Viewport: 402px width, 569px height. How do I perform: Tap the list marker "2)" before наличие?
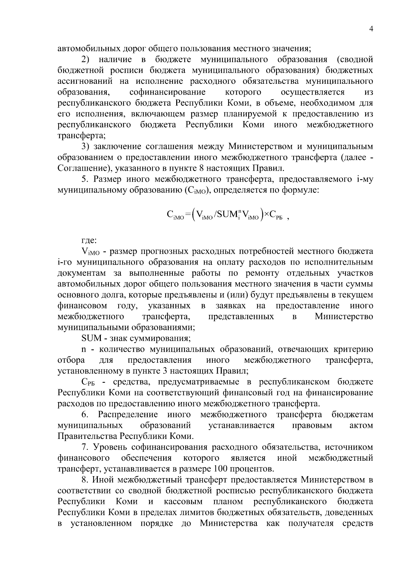pyautogui.click(x=86, y=60)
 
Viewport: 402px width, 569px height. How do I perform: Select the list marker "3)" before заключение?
pyautogui.click(x=86, y=147)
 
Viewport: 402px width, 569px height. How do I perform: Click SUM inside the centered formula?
pyautogui.click(x=227, y=214)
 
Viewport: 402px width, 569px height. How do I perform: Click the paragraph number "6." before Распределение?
pyautogui.click(x=84, y=414)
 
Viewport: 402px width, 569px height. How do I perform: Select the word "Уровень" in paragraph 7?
pyautogui.click(x=111, y=447)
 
